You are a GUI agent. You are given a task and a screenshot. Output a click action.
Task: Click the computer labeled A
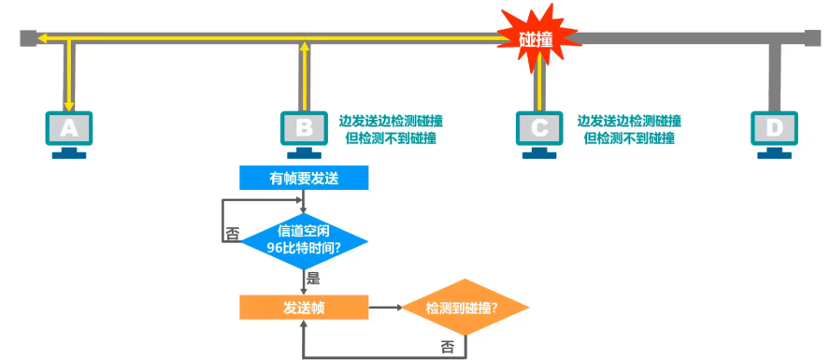coord(68,132)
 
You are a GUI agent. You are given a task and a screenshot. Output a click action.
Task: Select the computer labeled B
coord(303,132)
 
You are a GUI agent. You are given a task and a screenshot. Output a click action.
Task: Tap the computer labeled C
coord(537,132)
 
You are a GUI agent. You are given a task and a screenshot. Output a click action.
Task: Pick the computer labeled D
coord(773,132)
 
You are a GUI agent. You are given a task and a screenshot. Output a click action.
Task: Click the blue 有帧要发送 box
coord(304,178)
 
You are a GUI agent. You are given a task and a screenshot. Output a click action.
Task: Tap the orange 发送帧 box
coord(304,307)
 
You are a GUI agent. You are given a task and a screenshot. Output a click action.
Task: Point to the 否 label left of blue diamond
coord(232,234)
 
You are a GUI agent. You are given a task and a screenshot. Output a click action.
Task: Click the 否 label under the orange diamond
coord(448,346)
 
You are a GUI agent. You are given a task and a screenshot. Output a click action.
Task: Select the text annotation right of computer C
coord(628,129)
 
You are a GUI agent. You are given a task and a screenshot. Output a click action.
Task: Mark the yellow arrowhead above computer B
coord(304,45)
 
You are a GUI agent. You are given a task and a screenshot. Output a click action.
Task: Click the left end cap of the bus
coord(28,38)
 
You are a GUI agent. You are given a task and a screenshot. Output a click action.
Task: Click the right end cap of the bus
coord(813,38)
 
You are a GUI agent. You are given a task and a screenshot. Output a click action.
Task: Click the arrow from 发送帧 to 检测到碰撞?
coord(384,307)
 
